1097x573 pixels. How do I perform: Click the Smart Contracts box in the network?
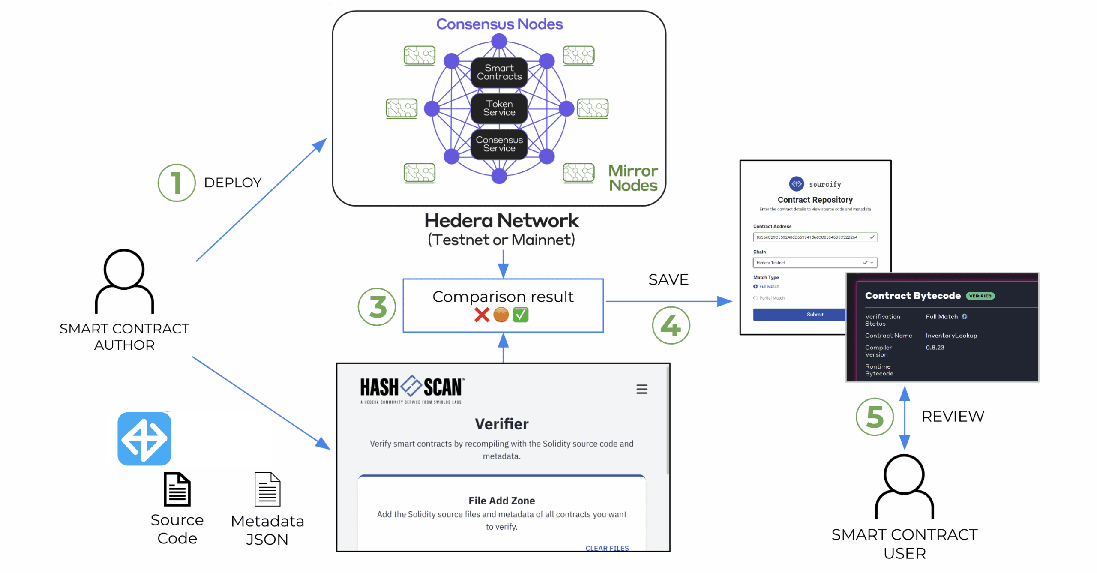click(x=499, y=72)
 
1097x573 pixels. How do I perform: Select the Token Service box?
click(x=499, y=108)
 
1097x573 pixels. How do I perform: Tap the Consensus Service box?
click(x=499, y=144)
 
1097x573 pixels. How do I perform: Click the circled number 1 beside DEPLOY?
click(x=176, y=183)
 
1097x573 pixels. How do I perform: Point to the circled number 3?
click(x=377, y=307)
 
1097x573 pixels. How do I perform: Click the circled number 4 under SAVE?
click(x=671, y=326)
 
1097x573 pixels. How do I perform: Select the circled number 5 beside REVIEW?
click(x=874, y=417)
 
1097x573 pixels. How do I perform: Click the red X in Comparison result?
click(x=482, y=315)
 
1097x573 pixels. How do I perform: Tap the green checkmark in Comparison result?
click(x=520, y=315)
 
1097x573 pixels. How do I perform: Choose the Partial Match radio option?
click(x=755, y=298)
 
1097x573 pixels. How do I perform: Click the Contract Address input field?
click(x=810, y=237)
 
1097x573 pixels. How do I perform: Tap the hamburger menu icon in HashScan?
click(x=641, y=389)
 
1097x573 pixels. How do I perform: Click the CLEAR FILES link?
click(x=607, y=548)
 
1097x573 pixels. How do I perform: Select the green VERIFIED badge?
click(x=980, y=296)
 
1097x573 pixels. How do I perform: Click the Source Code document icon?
click(x=177, y=489)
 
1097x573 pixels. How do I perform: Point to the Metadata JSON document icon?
click(x=267, y=489)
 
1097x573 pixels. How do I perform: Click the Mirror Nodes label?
click(x=633, y=178)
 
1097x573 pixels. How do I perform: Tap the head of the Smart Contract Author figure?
click(x=124, y=269)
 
